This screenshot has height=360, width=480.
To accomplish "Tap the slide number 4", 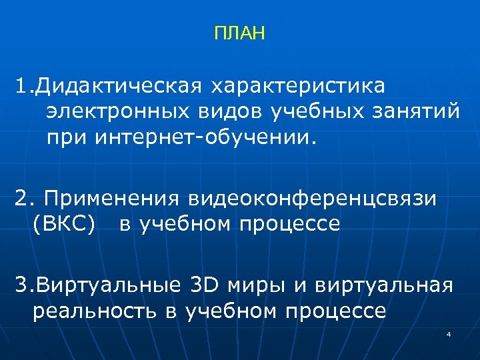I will point(449,333).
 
